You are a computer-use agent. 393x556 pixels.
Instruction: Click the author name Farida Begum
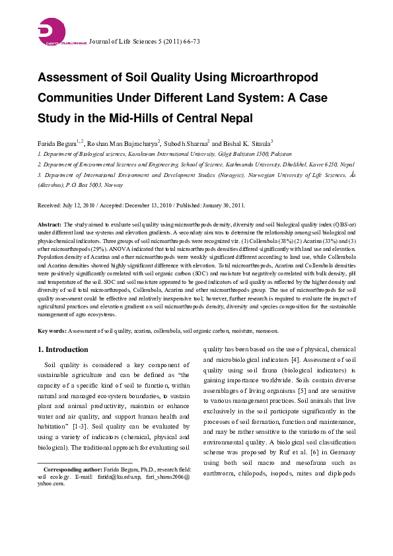coord(57,143)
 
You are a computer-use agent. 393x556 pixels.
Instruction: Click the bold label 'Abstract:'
coord(50,225)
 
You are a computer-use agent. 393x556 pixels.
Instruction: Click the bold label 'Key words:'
coord(52,330)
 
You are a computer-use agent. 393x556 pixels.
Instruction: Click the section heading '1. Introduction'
coord(63,349)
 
